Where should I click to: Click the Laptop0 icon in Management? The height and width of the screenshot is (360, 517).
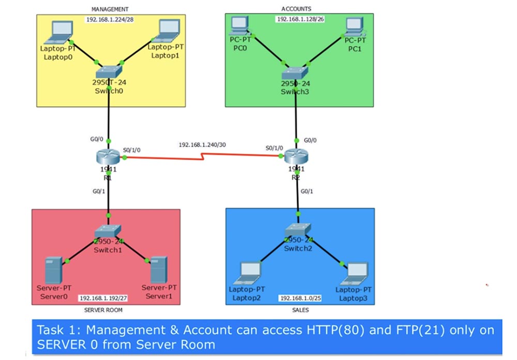coord(59,33)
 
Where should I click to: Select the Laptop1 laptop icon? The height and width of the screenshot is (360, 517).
coord(168,31)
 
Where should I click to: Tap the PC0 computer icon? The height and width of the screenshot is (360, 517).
coord(240,25)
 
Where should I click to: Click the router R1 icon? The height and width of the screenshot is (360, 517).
coord(108,156)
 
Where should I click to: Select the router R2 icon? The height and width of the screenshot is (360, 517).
coord(296,156)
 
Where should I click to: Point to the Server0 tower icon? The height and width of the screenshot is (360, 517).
coord(53,270)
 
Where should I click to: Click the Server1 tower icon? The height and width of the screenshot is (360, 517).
coord(159,270)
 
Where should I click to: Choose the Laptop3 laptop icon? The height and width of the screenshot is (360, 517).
coord(354,274)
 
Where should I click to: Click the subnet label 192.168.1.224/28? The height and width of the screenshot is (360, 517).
coord(110,20)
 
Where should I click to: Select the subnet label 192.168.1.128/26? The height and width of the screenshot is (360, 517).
coord(300,19)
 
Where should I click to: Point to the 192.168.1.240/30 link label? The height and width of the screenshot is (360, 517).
coord(203,144)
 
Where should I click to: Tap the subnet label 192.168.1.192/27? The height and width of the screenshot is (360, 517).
coord(103,298)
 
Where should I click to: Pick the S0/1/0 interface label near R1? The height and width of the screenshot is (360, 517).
coord(131,150)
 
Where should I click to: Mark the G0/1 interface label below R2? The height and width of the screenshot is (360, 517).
coord(307,191)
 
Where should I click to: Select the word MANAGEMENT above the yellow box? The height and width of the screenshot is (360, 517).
coord(110,9)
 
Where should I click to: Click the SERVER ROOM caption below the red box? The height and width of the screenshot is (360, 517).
coord(103,310)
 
